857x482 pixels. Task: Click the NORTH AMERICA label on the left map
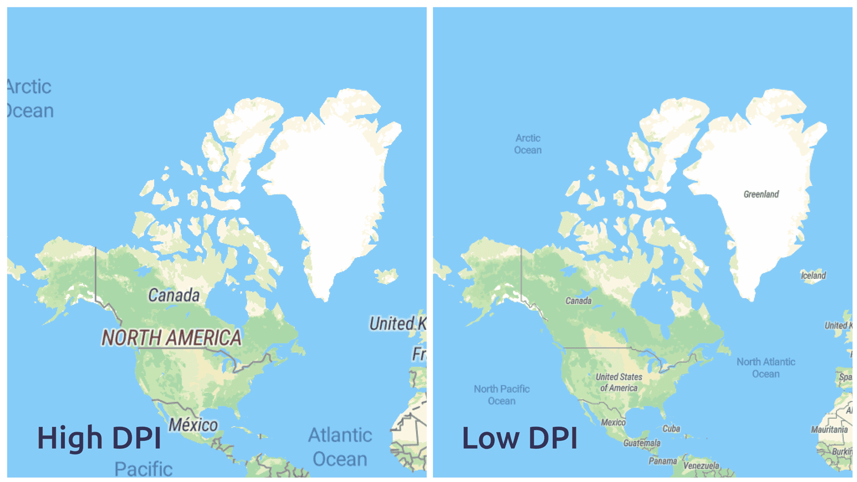tap(171, 338)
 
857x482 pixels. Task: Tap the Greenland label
tap(761, 194)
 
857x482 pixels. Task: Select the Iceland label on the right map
tap(813, 276)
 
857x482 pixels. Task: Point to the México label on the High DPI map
tap(193, 425)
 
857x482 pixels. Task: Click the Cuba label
tap(671, 428)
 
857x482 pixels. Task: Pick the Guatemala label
tap(642, 443)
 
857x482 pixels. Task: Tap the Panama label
tap(663, 461)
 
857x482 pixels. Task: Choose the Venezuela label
tap(701, 465)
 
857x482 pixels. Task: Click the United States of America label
tap(619, 382)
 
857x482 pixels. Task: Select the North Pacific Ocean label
tap(501, 395)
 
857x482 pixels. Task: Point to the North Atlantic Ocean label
tap(765, 368)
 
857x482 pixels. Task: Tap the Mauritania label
tap(829, 430)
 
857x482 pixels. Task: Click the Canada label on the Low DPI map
tap(578, 301)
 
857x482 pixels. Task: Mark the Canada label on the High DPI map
tap(174, 295)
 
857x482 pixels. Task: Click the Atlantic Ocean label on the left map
tap(340, 447)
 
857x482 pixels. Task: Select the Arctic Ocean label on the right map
tap(528, 144)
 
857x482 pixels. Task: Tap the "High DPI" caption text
tap(99, 438)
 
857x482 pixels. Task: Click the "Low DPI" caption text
tap(520, 438)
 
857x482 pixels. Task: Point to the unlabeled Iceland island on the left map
tap(386, 276)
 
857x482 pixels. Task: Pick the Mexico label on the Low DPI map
tap(613, 422)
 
